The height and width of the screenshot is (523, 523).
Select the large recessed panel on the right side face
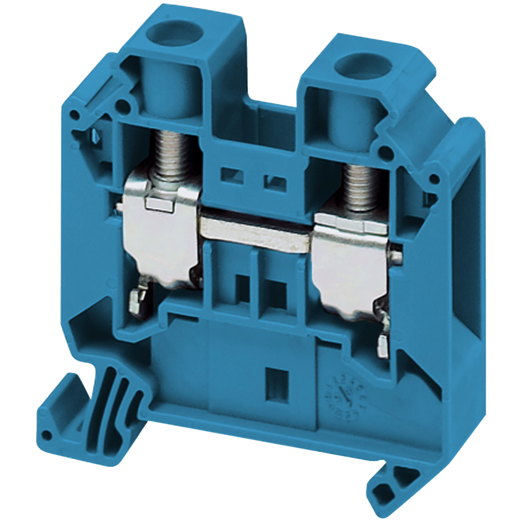467,235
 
